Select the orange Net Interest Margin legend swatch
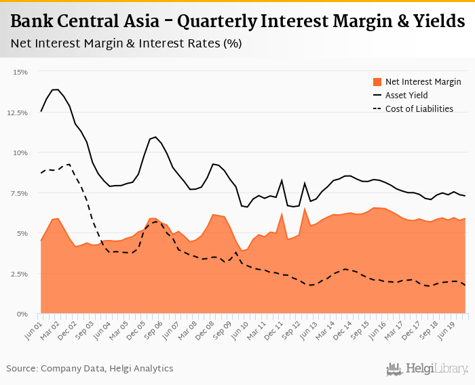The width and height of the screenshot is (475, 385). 377,81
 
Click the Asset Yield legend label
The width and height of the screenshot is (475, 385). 406,95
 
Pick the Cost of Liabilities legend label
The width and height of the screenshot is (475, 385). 419,108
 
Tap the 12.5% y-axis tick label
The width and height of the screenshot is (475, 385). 17,113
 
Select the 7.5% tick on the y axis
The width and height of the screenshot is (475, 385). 18,194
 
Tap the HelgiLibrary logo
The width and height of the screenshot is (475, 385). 427,369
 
